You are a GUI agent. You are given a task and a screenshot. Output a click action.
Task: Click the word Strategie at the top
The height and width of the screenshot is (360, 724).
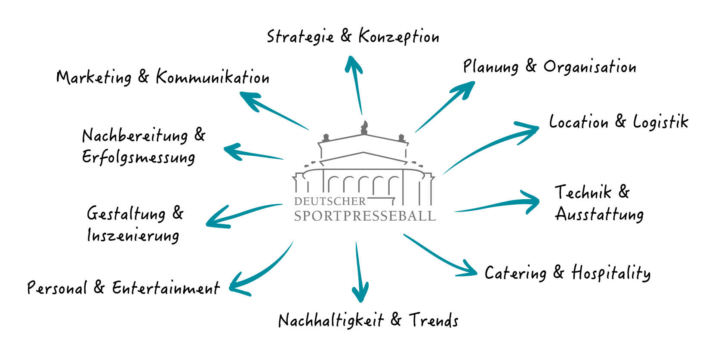[300, 37]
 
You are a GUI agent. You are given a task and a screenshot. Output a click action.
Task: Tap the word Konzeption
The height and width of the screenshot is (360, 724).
[399, 37]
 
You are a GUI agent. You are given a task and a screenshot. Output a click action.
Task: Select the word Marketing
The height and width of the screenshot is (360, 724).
[94, 78]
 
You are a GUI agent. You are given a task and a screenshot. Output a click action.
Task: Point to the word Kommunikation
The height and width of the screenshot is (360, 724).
[213, 77]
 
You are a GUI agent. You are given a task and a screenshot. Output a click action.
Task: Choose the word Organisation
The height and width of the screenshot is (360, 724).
[590, 67]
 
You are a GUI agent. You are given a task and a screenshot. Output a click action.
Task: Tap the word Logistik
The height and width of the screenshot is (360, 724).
[660, 122]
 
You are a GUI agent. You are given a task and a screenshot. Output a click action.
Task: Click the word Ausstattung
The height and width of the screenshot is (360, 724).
[599, 214]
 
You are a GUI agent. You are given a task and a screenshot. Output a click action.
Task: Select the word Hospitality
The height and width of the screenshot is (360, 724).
[611, 273]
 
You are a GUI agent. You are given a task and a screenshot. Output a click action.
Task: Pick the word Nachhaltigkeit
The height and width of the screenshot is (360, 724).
[331, 321]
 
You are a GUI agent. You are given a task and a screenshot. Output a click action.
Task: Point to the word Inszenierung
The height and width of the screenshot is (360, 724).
[133, 236]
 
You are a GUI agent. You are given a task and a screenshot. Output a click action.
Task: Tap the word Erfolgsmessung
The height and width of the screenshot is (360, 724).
[139, 157]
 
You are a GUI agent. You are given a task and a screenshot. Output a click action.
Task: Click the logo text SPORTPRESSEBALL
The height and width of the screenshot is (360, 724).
[365, 215]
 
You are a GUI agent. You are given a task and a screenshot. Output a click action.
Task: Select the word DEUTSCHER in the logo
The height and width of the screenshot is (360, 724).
[330, 201]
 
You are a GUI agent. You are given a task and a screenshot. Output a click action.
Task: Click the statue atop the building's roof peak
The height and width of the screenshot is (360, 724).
[364, 127]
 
